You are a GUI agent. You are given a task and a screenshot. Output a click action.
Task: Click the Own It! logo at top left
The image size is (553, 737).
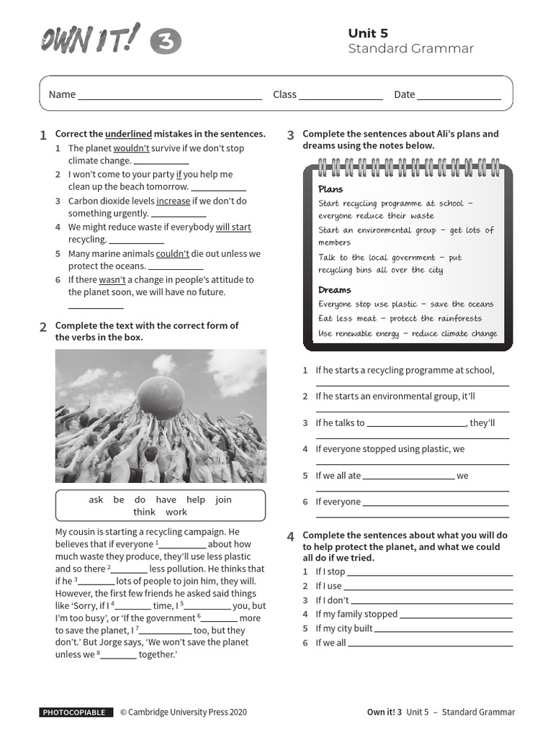[89, 40]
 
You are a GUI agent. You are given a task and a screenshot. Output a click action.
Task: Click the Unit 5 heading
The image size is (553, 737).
[368, 33]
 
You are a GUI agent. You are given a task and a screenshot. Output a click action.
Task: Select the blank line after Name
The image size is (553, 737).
[170, 95]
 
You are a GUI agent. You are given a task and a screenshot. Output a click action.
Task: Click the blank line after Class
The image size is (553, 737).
[341, 95]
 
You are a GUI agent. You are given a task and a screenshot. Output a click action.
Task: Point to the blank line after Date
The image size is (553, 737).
[459, 95]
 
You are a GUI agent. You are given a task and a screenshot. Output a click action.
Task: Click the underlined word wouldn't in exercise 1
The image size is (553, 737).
[131, 148]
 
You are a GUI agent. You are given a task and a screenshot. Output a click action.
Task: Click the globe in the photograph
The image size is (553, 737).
[160, 397]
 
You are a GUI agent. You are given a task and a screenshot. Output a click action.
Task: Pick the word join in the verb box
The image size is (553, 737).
[223, 499]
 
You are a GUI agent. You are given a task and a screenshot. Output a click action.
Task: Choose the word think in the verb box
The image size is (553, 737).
[144, 512]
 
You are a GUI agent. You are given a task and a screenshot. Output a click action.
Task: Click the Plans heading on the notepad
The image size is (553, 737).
[331, 189]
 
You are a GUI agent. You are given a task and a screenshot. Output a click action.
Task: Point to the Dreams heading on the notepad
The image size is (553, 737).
[335, 290]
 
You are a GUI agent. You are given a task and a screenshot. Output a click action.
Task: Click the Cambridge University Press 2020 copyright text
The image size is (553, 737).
[183, 713]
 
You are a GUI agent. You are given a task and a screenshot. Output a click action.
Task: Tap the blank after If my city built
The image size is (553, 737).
[444, 629]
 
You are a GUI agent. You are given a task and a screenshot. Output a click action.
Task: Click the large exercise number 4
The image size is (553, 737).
[290, 537]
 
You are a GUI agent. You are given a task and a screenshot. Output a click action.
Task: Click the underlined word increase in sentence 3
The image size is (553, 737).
[173, 201]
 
